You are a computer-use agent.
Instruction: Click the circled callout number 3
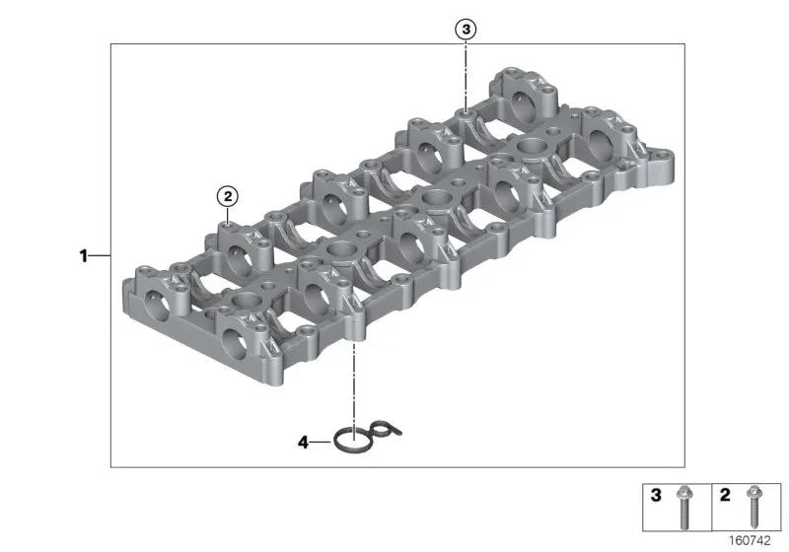[x=466, y=30]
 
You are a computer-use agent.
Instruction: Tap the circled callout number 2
[x=228, y=196]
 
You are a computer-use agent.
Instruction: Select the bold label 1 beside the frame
[x=84, y=256]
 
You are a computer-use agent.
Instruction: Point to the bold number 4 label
[x=303, y=443]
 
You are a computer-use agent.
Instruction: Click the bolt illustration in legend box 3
[x=683, y=508]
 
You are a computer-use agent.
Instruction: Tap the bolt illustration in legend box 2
[x=753, y=507]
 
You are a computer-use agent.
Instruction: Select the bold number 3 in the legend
[x=656, y=495]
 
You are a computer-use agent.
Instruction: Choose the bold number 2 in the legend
[x=725, y=495]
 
